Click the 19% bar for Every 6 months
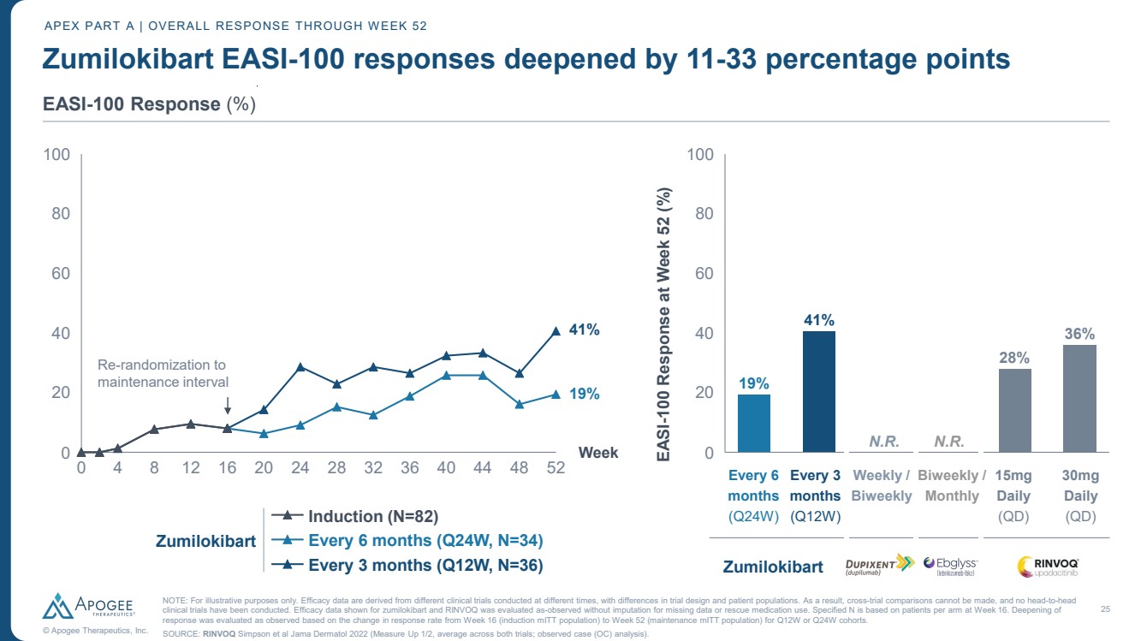753,423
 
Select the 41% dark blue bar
818,391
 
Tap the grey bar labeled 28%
1014,410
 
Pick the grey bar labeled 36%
1079,398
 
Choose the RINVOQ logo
1048,566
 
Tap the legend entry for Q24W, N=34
423,540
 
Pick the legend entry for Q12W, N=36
423,565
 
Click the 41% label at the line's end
585,330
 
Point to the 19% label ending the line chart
585,395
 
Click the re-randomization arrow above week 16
228,405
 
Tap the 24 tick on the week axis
300,469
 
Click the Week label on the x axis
598,453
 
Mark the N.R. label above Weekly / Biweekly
882,442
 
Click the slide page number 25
1105,609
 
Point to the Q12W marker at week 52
556,331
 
